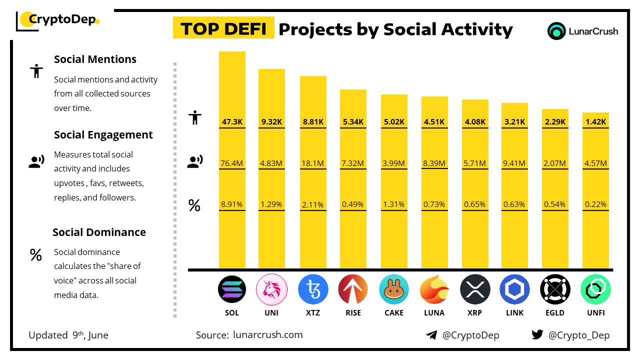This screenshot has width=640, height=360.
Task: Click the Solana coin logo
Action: (232, 289)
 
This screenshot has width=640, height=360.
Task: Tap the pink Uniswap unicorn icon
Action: (271, 289)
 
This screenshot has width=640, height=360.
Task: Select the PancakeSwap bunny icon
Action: (394, 289)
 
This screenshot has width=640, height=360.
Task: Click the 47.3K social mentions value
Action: (232, 121)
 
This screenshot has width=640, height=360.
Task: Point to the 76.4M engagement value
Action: (232, 163)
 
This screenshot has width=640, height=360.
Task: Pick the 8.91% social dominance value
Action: (232, 204)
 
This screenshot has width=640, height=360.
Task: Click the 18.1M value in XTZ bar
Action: (313, 163)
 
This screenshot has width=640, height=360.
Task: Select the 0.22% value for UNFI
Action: (595, 204)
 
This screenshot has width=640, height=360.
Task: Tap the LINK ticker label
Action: (514, 313)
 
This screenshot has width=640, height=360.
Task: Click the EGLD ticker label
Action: (555, 313)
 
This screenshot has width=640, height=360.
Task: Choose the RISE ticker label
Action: (353, 313)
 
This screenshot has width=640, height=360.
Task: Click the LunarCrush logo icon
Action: (556, 31)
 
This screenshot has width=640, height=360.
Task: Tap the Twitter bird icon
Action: (537, 335)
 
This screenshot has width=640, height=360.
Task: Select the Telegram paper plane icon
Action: (431, 335)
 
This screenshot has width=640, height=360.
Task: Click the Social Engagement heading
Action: (103, 135)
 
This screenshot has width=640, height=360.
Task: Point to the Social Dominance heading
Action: (99, 232)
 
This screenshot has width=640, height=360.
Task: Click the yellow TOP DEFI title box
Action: (223, 29)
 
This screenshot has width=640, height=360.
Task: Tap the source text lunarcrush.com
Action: (268, 335)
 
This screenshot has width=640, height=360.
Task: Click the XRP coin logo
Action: (475, 289)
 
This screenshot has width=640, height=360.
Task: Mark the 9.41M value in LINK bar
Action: (514, 163)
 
